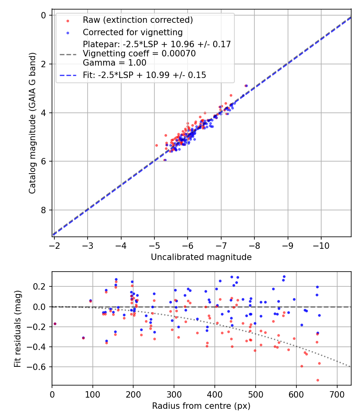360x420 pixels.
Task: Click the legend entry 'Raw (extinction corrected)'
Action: (138, 20)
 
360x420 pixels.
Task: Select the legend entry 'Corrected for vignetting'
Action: (132, 32)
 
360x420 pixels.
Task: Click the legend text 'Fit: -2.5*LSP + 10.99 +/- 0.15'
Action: (144, 75)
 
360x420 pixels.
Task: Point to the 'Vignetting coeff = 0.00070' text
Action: (139, 54)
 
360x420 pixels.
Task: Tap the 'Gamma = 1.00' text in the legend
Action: (114, 63)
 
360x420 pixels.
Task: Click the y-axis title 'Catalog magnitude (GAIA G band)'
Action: (32, 123)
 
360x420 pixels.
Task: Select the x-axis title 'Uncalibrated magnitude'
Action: (201, 257)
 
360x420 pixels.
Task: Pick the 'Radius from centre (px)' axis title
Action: (201, 406)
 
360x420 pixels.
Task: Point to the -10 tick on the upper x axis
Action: (320, 245)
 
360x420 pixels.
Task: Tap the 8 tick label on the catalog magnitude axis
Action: (44, 210)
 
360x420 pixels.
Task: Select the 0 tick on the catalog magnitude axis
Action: (44, 15)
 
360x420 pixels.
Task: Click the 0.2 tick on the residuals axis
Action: (41, 286)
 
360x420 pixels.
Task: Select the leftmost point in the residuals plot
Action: (55, 324)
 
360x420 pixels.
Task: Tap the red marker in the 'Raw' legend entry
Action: (68, 20)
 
